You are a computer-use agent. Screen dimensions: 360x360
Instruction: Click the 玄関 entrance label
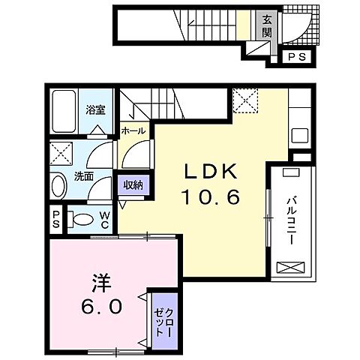pyautogui.click(x=267, y=26)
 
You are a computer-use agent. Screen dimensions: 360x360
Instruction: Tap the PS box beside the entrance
pyautogui.click(x=297, y=57)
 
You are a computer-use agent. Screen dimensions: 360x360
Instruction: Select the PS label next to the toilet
pyautogui.click(x=56, y=220)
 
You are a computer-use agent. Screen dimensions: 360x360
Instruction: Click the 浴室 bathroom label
pyautogui.click(x=95, y=109)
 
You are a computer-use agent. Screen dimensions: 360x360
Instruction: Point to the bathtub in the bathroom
pyautogui.click(x=64, y=111)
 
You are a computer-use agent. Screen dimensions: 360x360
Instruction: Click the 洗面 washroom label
pyautogui.click(x=84, y=177)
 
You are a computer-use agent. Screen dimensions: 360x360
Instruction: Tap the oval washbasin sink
pyautogui.click(x=59, y=186)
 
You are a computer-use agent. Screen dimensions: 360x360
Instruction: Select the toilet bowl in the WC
pyautogui.click(x=81, y=220)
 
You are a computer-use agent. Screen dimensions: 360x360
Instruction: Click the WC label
pyautogui.click(x=105, y=220)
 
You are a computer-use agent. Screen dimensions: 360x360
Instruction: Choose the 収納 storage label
pyautogui.click(x=133, y=185)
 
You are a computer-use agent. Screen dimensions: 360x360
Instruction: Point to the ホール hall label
pyautogui.click(x=133, y=130)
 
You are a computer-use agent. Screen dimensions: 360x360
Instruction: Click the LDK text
pyautogui.click(x=211, y=172)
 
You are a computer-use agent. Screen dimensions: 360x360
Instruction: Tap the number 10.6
pyautogui.click(x=211, y=196)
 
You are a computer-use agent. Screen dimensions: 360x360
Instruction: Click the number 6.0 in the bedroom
pyautogui.click(x=102, y=306)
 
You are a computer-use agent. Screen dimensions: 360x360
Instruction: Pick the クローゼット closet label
pyautogui.click(x=163, y=322)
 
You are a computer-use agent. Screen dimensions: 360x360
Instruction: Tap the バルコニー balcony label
pyautogui.click(x=292, y=221)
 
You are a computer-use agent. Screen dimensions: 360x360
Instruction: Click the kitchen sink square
pyautogui.click(x=300, y=136)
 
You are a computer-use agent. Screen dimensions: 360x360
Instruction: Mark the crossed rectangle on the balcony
pyautogui.click(x=290, y=267)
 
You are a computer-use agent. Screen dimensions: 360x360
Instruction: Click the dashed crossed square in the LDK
pyautogui.click(x=245, y=100)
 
